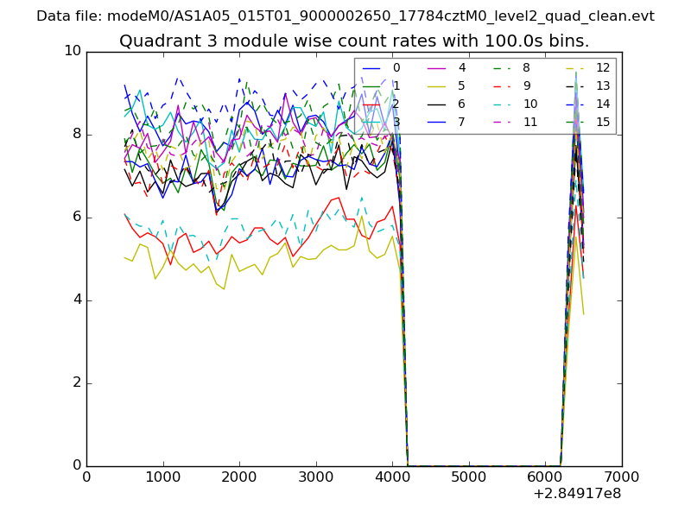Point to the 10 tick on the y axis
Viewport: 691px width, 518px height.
point(72,51)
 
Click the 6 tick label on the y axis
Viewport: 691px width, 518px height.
point(76,217)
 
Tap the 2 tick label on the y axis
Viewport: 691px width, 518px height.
point(76,382)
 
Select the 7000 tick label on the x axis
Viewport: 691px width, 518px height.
point(622,477)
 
